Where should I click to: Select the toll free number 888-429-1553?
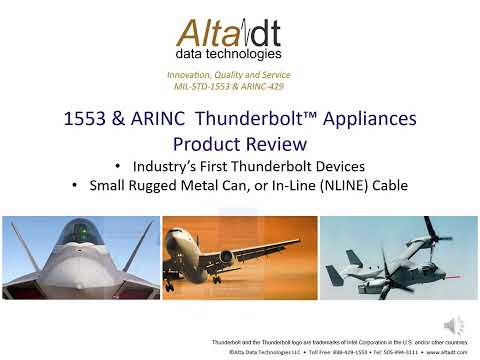320,353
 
